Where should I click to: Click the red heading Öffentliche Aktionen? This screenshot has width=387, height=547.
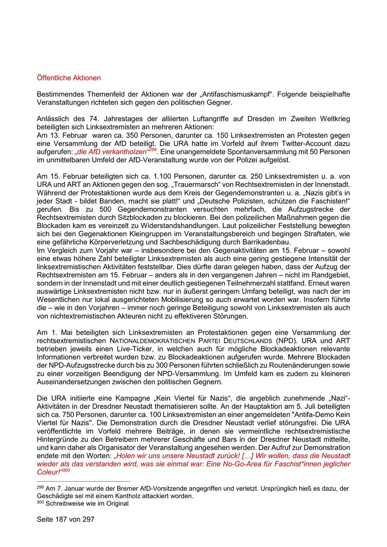(69, 78)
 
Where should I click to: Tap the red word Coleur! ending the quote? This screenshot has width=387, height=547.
(49, 472)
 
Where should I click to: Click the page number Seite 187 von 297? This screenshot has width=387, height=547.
(65, 519)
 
